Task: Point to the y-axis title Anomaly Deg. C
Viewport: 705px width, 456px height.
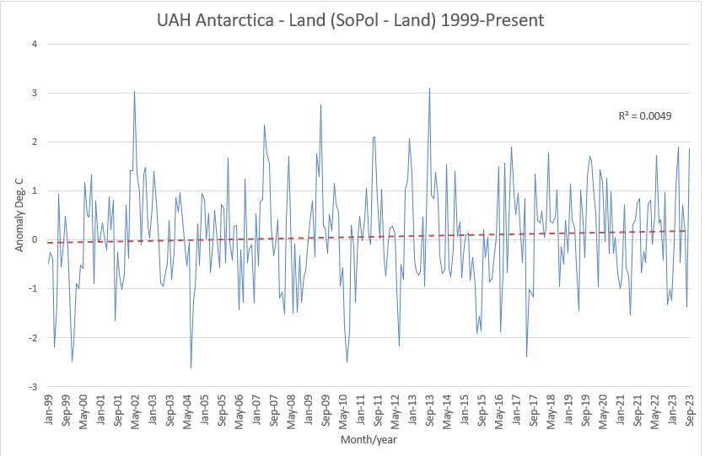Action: (19, 215)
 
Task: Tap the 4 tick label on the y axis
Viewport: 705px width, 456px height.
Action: (35, 44)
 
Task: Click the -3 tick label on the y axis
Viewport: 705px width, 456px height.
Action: (33, 387)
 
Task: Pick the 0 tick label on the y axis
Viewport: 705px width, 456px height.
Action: (35, 240)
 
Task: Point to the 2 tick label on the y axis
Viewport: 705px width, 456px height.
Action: (35, 142)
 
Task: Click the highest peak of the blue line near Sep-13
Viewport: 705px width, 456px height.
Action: (429, 88)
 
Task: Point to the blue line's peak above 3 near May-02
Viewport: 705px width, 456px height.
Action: (135, 91)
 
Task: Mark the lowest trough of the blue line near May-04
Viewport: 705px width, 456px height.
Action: (191, 367)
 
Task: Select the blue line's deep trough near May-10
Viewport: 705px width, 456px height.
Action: (347, 362)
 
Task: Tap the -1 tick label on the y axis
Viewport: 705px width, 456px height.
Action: (33, 289)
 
